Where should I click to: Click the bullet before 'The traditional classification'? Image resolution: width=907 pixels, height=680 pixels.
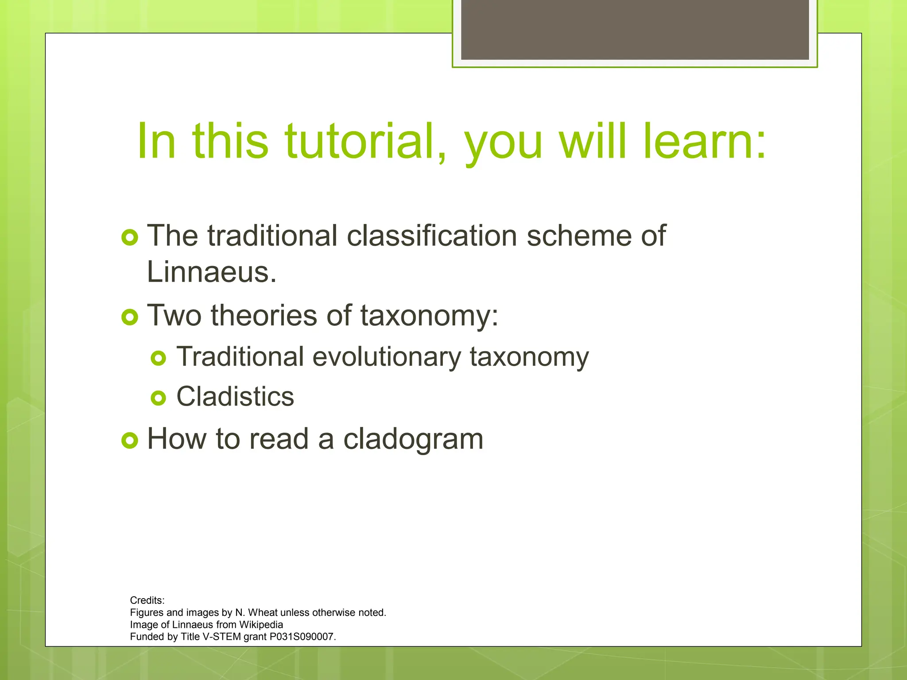pyautogui.click(x=130, y=238)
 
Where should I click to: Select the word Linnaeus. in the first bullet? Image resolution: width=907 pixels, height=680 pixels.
pyautogui.click(x=212, y=272)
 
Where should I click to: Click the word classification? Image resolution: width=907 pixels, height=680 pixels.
pyautogui.click(x=432, y=236)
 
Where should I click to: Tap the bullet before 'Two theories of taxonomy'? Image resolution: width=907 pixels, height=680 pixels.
pyautogui.click(x=130, y=317)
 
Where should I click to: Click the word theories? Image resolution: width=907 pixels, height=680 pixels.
pyautogui.click(x=264, y=316)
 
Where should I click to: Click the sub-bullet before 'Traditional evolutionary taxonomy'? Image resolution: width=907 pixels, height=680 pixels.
pyautogui.click(x=159, y=358)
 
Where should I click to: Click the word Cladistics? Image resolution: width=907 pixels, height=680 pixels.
pyautogui.click(x=235, y=396)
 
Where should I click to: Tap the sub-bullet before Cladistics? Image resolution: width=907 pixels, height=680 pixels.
pyautogui.click(x=159, y=398)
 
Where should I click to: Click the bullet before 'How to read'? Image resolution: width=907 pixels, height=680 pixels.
pyautogui.click(x=130, y=440)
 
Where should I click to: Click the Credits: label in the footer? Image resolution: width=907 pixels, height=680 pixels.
pyautogui.click(x=147, y=600)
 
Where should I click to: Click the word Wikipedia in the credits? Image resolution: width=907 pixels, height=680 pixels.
pyautogui.click(x=261, y=625)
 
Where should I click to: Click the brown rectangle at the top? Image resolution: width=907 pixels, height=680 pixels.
pyautogui.click(x=635, y=29)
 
